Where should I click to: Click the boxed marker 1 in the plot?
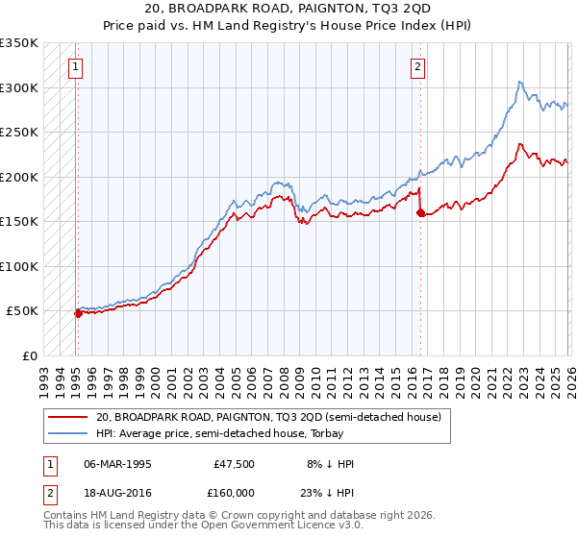(76, 66)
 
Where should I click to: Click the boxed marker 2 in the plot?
(418, 66)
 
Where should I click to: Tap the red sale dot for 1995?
(78, 312)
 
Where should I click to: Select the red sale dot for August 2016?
(421, 213)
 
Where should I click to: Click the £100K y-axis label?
(19, 266)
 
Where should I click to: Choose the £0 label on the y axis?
(29, 355)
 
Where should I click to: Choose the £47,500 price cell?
(236, 464)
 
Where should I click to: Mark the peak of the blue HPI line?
(519, 82)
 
